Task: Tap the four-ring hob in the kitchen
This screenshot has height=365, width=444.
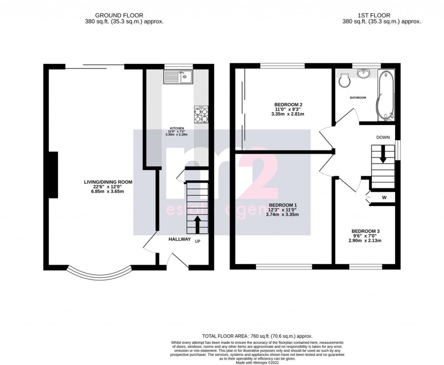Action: coord(201,115)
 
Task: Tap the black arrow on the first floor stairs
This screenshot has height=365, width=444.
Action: coord(383,155)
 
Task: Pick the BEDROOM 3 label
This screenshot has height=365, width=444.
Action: coord(366,231)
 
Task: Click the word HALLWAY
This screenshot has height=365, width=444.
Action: coord(180,239)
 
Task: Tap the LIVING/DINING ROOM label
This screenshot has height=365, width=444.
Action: coord(108,182)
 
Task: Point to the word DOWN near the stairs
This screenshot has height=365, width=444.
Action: coord(383,137)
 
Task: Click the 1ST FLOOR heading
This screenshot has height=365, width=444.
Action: coord(381,15)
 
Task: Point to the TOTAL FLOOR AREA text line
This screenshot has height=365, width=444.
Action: coord(257,336)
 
